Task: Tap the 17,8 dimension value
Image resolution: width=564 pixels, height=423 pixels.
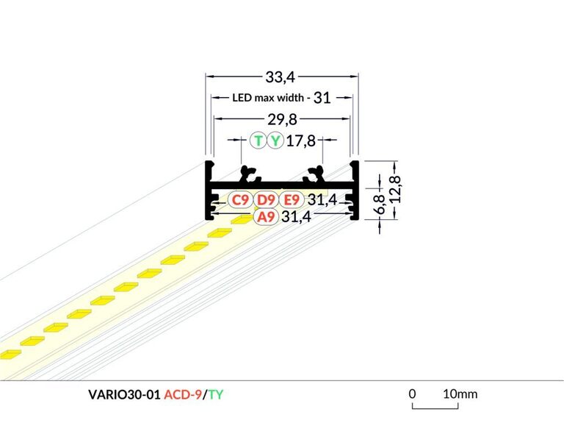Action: tap(301, 141)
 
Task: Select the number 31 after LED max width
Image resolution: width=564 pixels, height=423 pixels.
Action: tap(322, 97)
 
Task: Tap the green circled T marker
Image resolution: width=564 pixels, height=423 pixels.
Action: tap(258, 141)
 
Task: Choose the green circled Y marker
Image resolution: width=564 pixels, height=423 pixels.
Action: tap(275, 141)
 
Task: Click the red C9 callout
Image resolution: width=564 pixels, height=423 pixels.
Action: tap(239, 199)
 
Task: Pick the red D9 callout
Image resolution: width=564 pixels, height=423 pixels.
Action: tap(265, 199)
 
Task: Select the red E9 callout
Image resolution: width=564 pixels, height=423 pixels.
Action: tap(292, 199)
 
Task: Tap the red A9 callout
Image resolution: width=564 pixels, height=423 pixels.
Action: tap(265, 216)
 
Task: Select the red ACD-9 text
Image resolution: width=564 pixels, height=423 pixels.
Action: tap(183, 394)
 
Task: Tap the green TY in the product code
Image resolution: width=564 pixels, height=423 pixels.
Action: tap(215, 394)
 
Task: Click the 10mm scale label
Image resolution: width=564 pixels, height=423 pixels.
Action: tap(460, 394)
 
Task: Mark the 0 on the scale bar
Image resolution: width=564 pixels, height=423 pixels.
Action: tap(413, 394)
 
